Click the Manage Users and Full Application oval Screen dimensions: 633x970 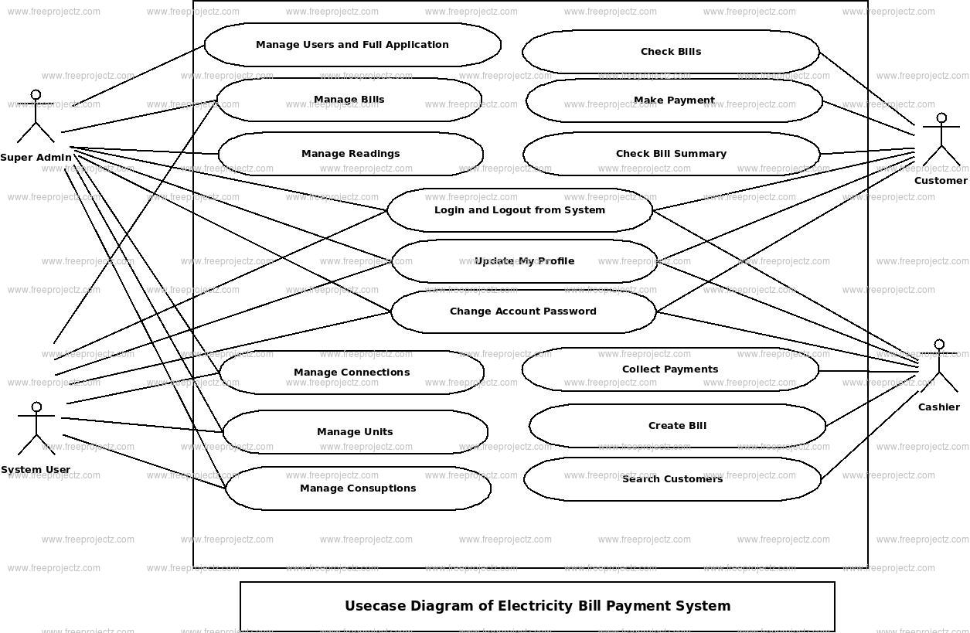pos(352,45)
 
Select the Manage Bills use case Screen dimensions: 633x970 pos(349,100)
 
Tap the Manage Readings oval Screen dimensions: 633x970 pos(350,154)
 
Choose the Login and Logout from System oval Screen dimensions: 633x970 pos(519,210)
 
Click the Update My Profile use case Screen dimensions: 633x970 pos(524,261)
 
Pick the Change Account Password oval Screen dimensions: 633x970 pos(523,311)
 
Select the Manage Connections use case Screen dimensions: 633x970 pos(352,373)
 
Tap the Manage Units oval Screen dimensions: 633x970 pos(355,432)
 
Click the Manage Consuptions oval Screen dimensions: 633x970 pos(358,488)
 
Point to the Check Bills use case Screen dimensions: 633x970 pos(671,52)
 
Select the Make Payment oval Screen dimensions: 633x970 pos(674,100)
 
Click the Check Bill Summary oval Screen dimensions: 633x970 pos(671,154)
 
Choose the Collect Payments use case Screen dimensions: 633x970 pos(670,369)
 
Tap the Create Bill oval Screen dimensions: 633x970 pos(677,426)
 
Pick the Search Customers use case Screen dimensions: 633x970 pos(672,479)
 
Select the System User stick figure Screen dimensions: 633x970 pos(36,429)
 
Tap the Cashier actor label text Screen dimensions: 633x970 pos(938,407)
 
